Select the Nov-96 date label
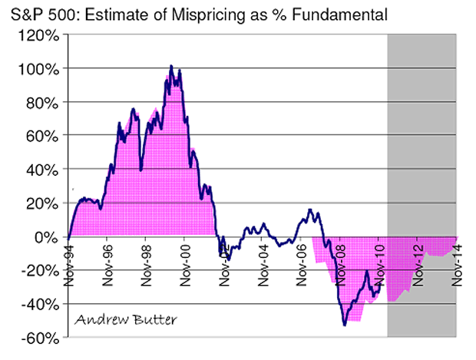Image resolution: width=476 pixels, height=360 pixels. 108,263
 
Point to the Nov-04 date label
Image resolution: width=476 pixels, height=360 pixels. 263,263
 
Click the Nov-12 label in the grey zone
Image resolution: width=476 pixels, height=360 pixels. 419,263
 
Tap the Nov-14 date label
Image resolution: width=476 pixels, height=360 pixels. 458,263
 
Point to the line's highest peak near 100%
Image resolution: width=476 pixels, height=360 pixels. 170,66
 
